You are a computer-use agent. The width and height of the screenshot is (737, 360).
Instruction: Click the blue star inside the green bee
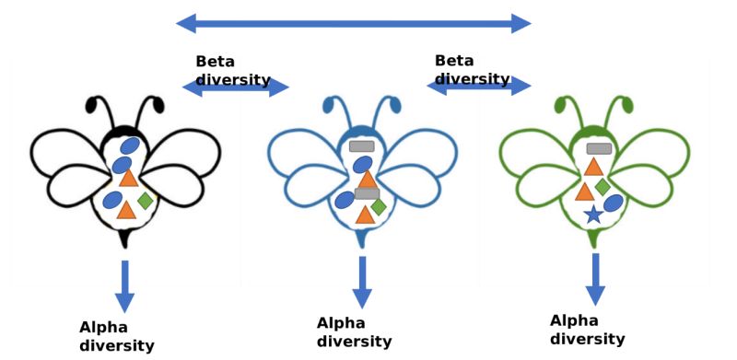point(593,215)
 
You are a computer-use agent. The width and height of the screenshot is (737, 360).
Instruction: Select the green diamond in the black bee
point(145,200)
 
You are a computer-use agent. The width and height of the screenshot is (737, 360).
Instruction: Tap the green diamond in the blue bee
point(378,207)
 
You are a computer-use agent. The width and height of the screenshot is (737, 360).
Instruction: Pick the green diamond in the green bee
point(602,187)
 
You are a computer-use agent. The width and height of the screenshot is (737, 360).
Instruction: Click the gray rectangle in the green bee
point(600,148)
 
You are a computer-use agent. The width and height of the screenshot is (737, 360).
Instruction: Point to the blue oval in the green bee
point(614,203)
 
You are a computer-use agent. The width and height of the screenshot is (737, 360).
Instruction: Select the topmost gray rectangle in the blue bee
point(362,146)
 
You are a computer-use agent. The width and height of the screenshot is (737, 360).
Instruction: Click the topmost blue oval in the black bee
point(131,145)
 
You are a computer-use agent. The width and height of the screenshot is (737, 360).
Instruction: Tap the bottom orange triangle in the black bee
point(127,211)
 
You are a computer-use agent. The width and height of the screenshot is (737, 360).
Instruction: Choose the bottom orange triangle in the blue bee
point(365,214)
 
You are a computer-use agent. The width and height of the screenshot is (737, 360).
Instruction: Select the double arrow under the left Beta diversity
point(236,87)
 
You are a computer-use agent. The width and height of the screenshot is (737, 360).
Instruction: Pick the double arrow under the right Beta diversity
point(479,86)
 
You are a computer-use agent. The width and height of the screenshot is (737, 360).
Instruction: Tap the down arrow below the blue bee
point(362,282)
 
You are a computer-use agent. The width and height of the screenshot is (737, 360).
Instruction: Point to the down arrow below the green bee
point(596,279)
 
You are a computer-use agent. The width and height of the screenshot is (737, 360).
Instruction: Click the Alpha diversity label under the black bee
point(116,337)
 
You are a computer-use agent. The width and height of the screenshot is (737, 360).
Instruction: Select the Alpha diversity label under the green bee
point(587,330)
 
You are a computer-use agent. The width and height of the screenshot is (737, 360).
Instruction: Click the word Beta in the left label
point(215,62)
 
